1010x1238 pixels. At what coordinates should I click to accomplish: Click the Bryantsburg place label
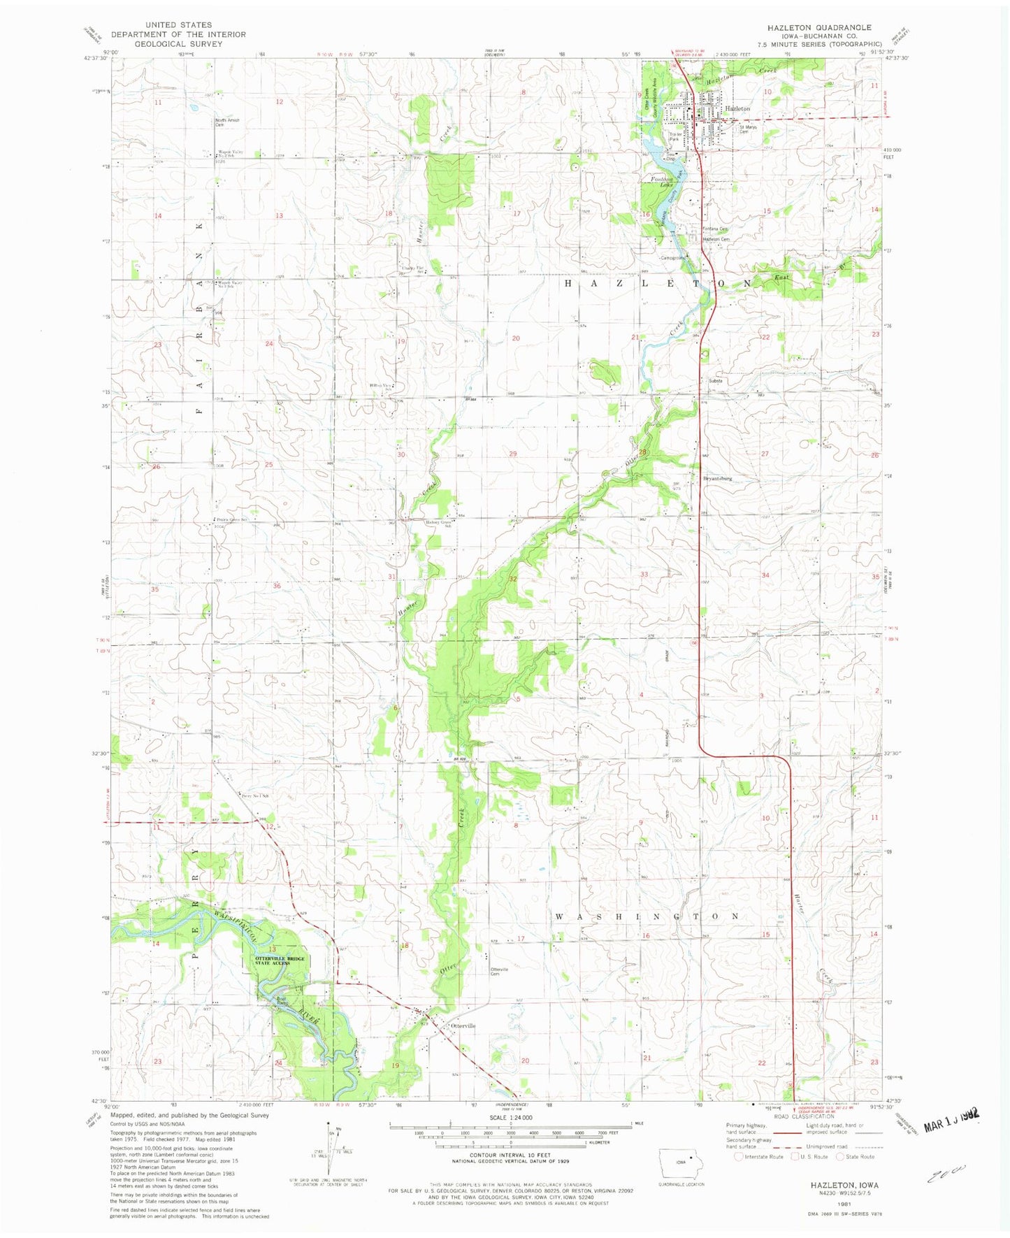pyautogui.click(x=716, y=479)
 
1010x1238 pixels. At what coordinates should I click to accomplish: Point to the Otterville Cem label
pyautogui.click(x=499, y=971)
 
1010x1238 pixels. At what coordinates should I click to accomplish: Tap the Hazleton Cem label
pyautogui.click(x=716, y=239)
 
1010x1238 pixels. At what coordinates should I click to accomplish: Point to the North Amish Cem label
pyautogui.click(x=226, y=122)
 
